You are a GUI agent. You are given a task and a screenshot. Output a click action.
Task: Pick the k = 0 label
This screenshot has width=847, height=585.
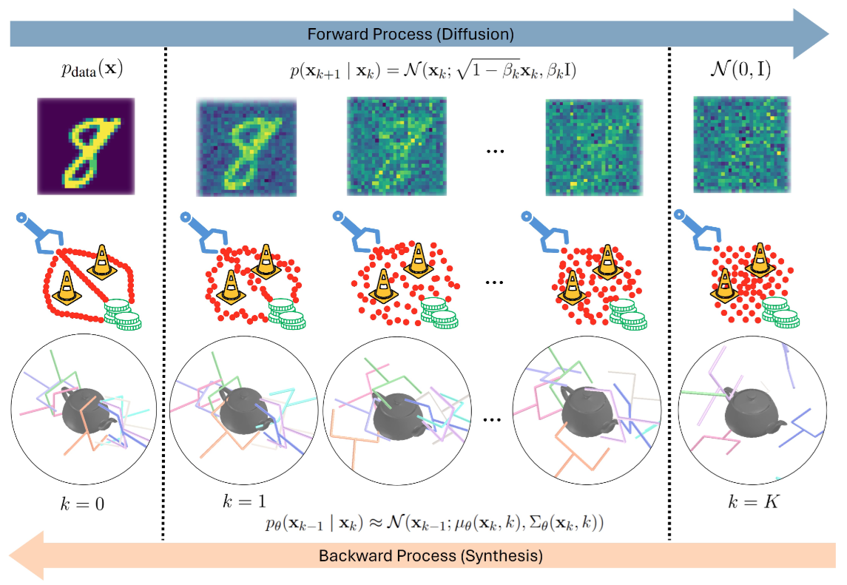point(81,506)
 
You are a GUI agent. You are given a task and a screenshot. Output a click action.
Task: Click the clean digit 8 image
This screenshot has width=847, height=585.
point(85,146)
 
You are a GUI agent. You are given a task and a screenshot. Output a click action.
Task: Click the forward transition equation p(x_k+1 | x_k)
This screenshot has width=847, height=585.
point(433,72)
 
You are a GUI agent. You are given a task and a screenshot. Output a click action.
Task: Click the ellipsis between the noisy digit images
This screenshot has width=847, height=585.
point(494,151)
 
